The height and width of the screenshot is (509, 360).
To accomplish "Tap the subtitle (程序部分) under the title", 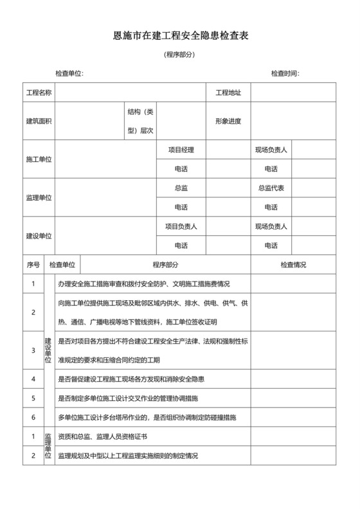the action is [x=179, y=55].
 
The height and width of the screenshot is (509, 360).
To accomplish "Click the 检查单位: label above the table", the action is [x=69, y=74].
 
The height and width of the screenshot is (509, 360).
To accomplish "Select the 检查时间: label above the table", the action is [x=285, y=74].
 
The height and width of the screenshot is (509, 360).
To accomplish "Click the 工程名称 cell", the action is [x=39, y=93].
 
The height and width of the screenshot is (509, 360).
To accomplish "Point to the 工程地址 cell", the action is [x=228, y=93].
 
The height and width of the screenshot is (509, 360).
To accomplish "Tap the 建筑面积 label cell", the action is [x=39, y=121].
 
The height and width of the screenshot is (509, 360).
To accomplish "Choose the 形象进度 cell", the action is [x=228, y=121].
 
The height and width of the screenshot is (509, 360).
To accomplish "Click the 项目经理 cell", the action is [x=181, y=150].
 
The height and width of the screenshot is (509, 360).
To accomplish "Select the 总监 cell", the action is [x=181, y=188].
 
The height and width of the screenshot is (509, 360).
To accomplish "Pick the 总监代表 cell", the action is [x=271, y=188].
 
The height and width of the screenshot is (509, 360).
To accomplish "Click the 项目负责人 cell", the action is [x=181, y=226].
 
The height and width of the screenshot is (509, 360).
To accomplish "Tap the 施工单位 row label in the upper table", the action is [x=39, y=159].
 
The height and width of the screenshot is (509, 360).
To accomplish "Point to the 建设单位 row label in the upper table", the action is [x=39, y=236].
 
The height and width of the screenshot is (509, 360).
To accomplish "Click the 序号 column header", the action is [x=33, y=264].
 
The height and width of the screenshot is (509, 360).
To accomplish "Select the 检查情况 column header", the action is [x=293, y=264].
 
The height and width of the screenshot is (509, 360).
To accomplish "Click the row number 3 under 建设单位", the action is [x=33, y=350].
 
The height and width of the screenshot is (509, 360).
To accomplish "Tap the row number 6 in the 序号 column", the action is [x=33, y=417].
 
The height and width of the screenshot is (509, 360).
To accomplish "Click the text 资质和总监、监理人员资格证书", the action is [x=103, y=436].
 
